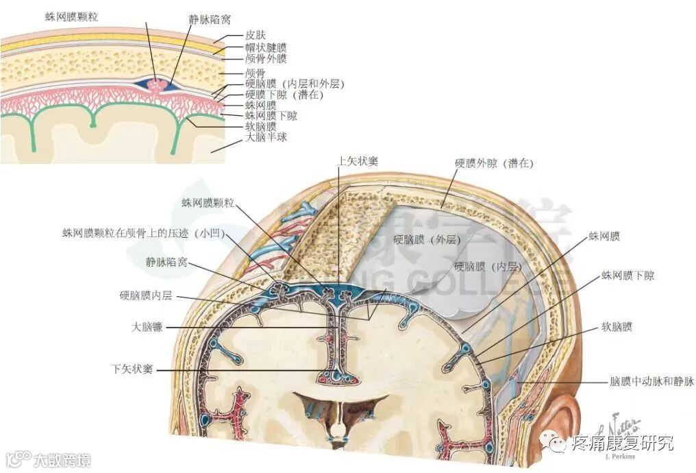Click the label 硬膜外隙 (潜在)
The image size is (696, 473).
coord(493,164)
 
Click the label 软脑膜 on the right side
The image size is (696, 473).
coord(617,326)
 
